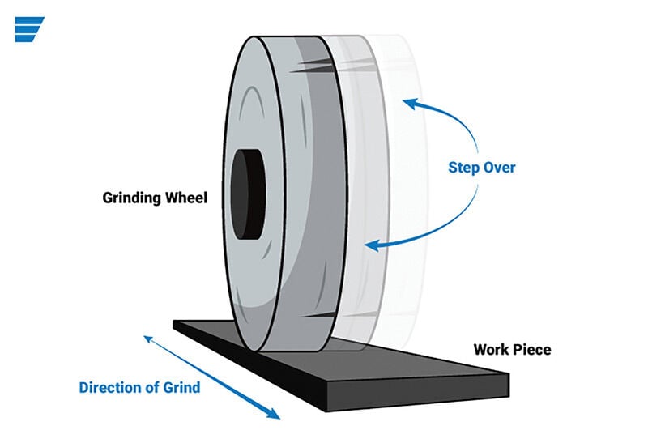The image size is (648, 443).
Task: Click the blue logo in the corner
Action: pos(29,28)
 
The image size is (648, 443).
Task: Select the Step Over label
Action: pos(481,168)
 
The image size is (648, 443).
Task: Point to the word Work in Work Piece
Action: pos(492,350)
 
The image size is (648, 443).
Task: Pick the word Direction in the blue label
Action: pos(109,387)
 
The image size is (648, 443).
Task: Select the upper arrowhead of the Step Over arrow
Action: pos(410,103)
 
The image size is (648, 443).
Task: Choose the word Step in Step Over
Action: pos(463,168)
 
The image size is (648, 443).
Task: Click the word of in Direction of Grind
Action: pos(154,387)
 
